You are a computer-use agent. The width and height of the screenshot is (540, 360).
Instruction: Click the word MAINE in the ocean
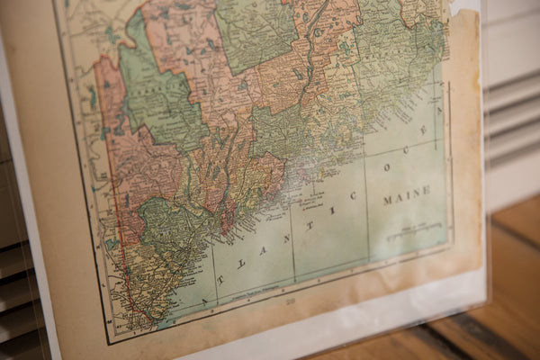(x=407, y=195)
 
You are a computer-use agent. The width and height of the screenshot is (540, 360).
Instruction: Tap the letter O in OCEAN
(x=388, y=166)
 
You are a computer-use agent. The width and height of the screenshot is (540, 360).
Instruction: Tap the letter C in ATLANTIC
(x=353, y=194)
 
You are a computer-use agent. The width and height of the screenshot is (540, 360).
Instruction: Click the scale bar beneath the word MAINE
(x=416, y=231)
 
